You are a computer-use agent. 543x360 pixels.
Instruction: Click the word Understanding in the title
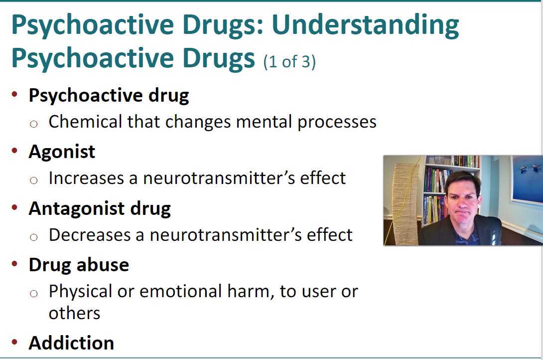click(x=365, y=25)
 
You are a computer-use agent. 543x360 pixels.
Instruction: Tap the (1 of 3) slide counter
click(x=289, y=62)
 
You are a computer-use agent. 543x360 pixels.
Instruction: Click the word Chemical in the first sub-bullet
click(x=85, y=122)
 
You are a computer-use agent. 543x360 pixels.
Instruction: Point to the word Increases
click(x=86, y=178)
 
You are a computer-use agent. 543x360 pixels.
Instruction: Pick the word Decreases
click(x=89, y=234)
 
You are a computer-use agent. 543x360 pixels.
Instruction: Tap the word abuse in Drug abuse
click(x=103, y=265)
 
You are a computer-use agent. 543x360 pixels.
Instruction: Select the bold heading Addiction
click(x=71, y=343)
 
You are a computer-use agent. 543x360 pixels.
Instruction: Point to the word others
click(x=74, y=313)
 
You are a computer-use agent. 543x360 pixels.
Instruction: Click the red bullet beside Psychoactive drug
click(x=14, y=94)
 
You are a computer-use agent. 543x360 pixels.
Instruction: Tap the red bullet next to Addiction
click(x=14, y=342)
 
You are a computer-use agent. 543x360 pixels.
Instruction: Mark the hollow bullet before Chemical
click(x=33, y=124)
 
